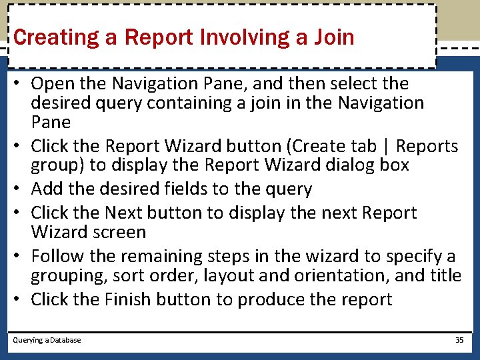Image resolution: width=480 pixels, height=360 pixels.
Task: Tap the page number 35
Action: click(x=459, y=340)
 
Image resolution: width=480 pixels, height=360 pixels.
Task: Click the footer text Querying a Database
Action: click(x=47, y=340)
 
